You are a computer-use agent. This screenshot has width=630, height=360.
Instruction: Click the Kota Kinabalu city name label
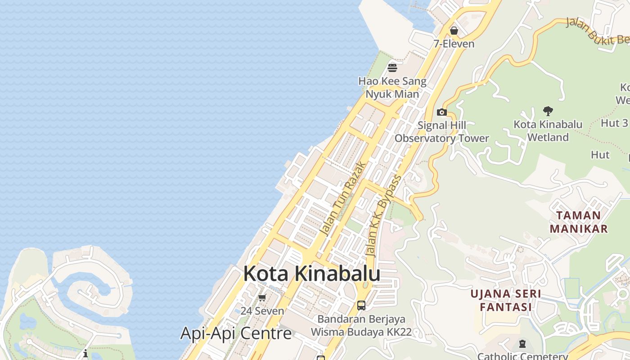tap(312, 274)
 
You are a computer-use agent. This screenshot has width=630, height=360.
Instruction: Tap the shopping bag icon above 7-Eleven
tap(454, 31)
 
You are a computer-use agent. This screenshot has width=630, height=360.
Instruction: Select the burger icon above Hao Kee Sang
tap(392, 68)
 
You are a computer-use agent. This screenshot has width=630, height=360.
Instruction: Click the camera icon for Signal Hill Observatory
tap(442, 112)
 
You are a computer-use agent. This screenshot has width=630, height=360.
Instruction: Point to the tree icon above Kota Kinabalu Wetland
tap(548, 111)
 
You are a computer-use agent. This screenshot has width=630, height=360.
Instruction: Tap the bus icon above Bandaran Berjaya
tap(361, 306)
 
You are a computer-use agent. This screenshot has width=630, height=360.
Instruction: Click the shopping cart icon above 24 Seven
tap(262, 297)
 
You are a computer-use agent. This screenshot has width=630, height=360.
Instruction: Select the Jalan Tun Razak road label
tap(341, 198)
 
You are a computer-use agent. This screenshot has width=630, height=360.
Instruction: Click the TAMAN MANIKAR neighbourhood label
tap(579, 222)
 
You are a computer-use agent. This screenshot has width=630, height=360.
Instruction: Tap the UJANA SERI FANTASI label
tap(506, 300)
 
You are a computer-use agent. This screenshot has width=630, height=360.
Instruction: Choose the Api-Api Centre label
tap(236, 333)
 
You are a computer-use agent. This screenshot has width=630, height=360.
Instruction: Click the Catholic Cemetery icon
tap(522, 344)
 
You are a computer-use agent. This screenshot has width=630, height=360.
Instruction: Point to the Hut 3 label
tap(614, 123)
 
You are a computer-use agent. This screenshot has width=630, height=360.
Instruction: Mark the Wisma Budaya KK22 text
tap(361, 332)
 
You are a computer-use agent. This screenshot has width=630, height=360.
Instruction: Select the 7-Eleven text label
tap(454, 44)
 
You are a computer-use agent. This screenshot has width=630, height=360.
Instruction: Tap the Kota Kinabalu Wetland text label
tap(548, 130)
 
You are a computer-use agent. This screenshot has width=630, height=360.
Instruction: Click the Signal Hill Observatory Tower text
tap(442, 132)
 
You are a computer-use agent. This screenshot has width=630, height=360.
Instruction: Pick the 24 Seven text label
tap(262, 311)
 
